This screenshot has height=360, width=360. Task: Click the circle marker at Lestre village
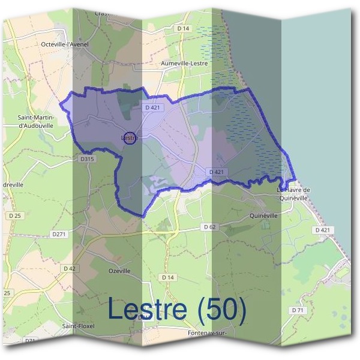click(130, 137)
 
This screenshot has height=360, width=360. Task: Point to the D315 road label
click(87, 159)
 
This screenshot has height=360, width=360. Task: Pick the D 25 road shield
click(15, 215)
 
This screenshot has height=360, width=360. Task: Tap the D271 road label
click(58, 234)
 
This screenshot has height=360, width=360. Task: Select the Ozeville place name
click(119, 271)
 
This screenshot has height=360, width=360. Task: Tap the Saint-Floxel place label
click(78, 326)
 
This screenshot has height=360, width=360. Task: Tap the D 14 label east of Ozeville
click(167, 278)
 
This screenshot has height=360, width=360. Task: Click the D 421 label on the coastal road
click(322, 230)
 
